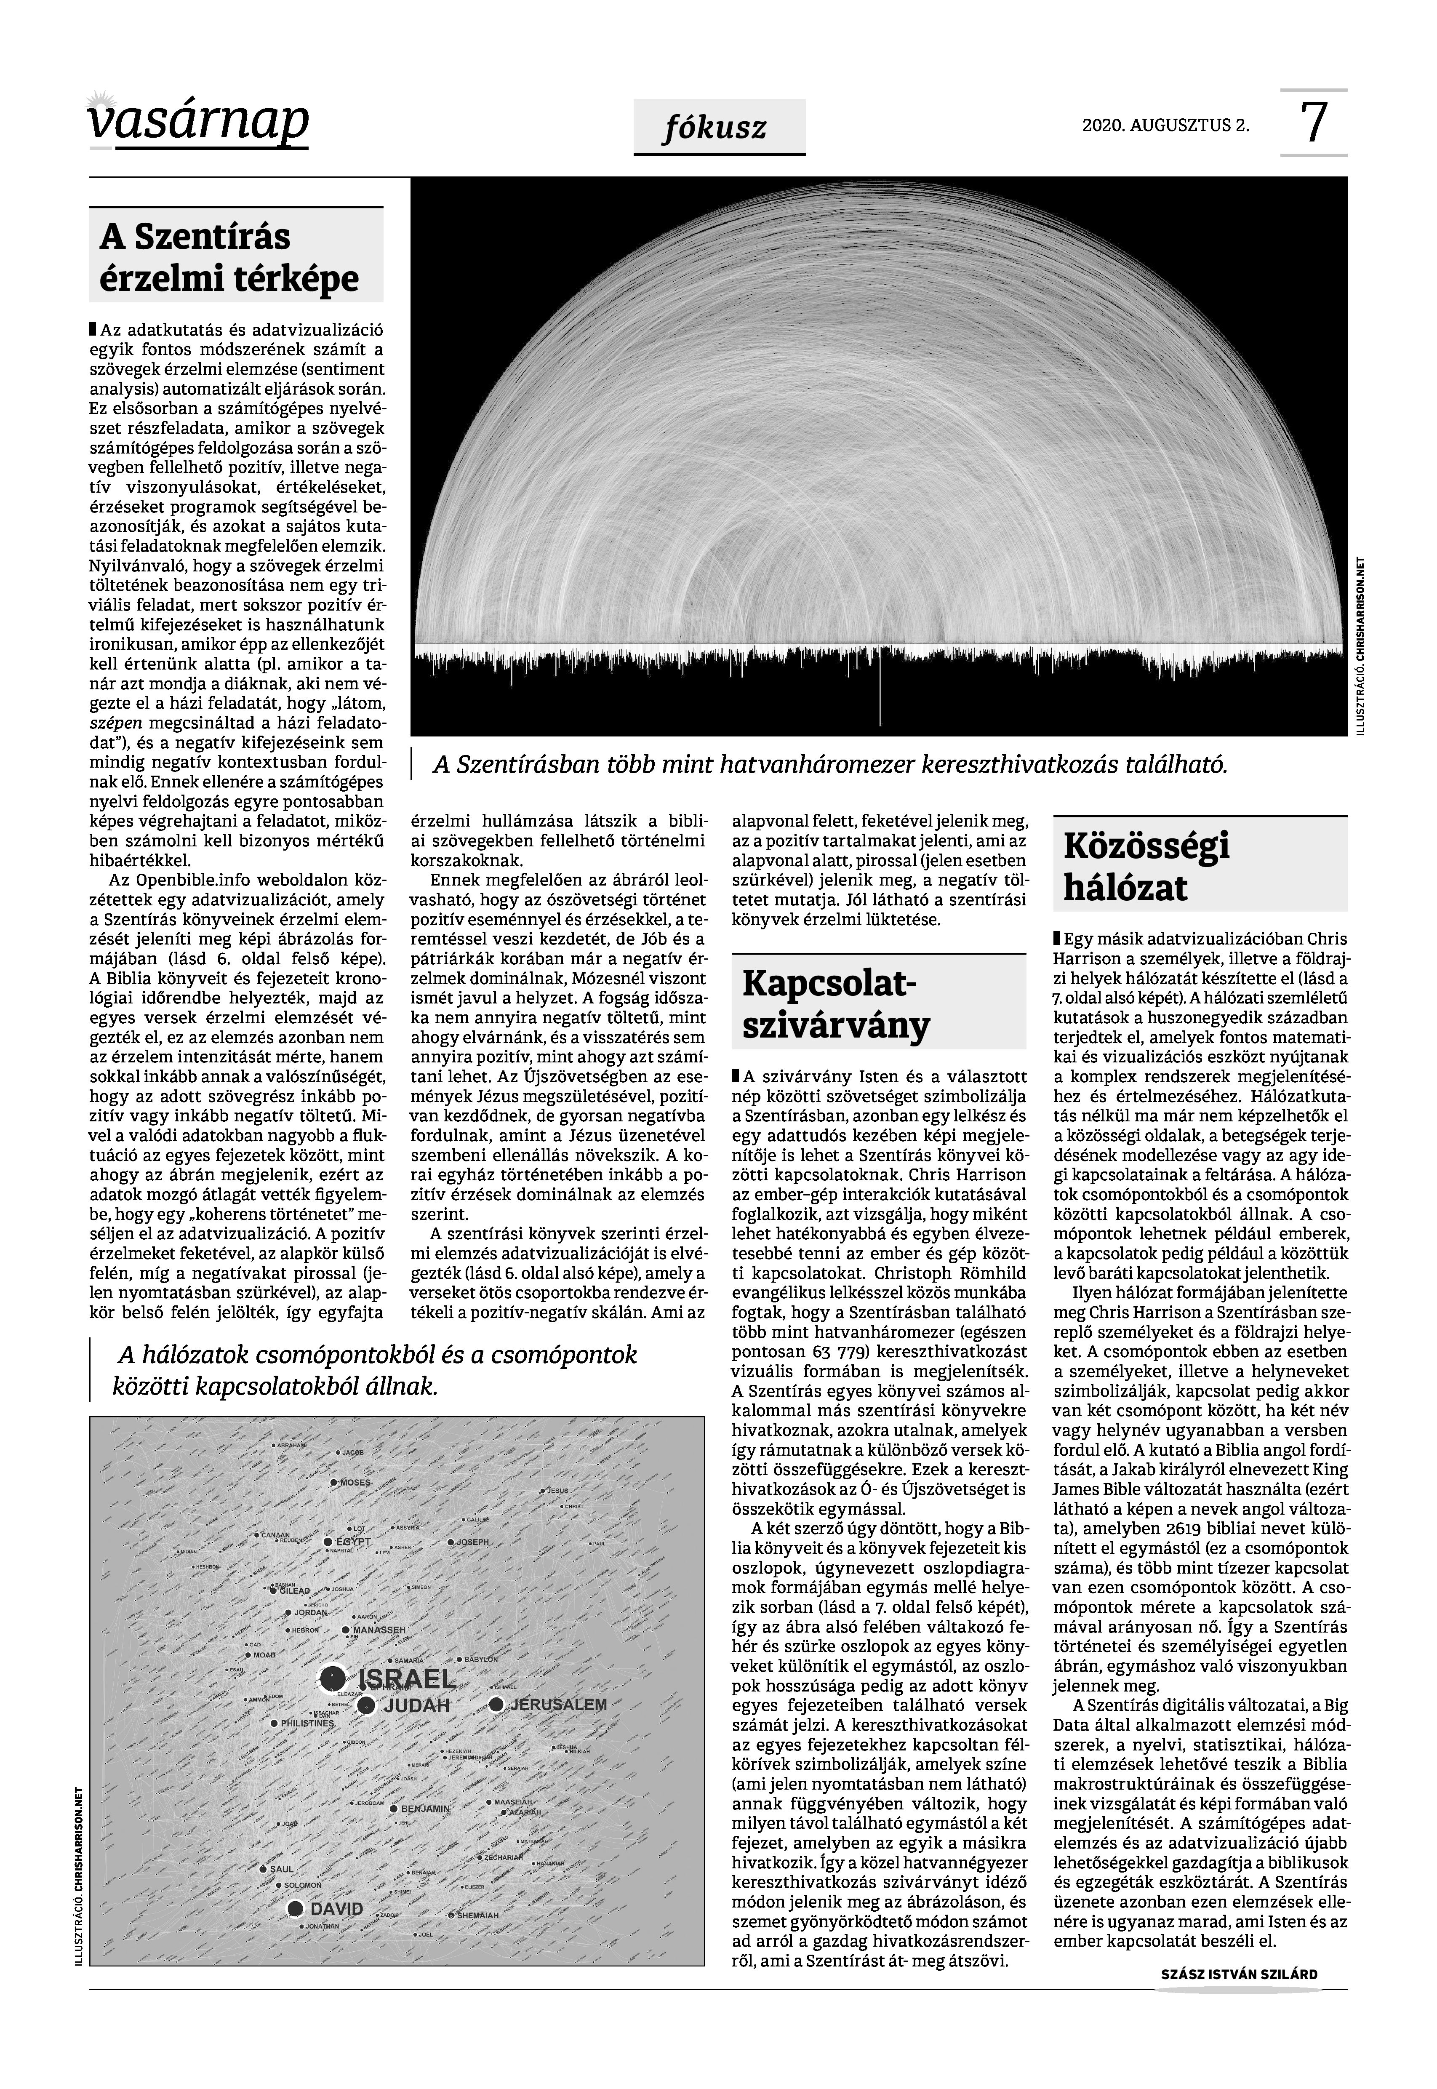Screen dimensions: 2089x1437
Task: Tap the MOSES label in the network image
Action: [x=356, y=1482]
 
